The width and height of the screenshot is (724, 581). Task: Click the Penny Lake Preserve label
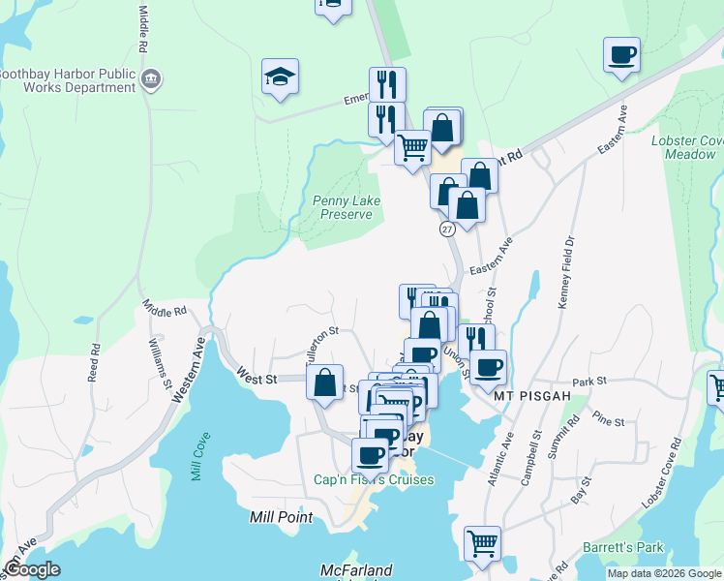346,207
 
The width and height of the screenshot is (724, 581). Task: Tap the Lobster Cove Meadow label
688,147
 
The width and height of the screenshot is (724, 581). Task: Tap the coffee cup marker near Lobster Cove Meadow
621,55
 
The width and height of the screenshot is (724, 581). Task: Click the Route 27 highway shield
446,229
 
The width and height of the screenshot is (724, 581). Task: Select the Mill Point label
281,517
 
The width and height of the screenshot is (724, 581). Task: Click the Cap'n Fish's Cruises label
374,479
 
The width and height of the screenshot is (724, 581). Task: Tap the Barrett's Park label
623,547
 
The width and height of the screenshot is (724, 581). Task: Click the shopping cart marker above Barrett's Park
481,543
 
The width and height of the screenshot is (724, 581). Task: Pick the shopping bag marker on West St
326,382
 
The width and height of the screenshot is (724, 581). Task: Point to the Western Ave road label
189,369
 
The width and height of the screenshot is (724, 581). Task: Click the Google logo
33,569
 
